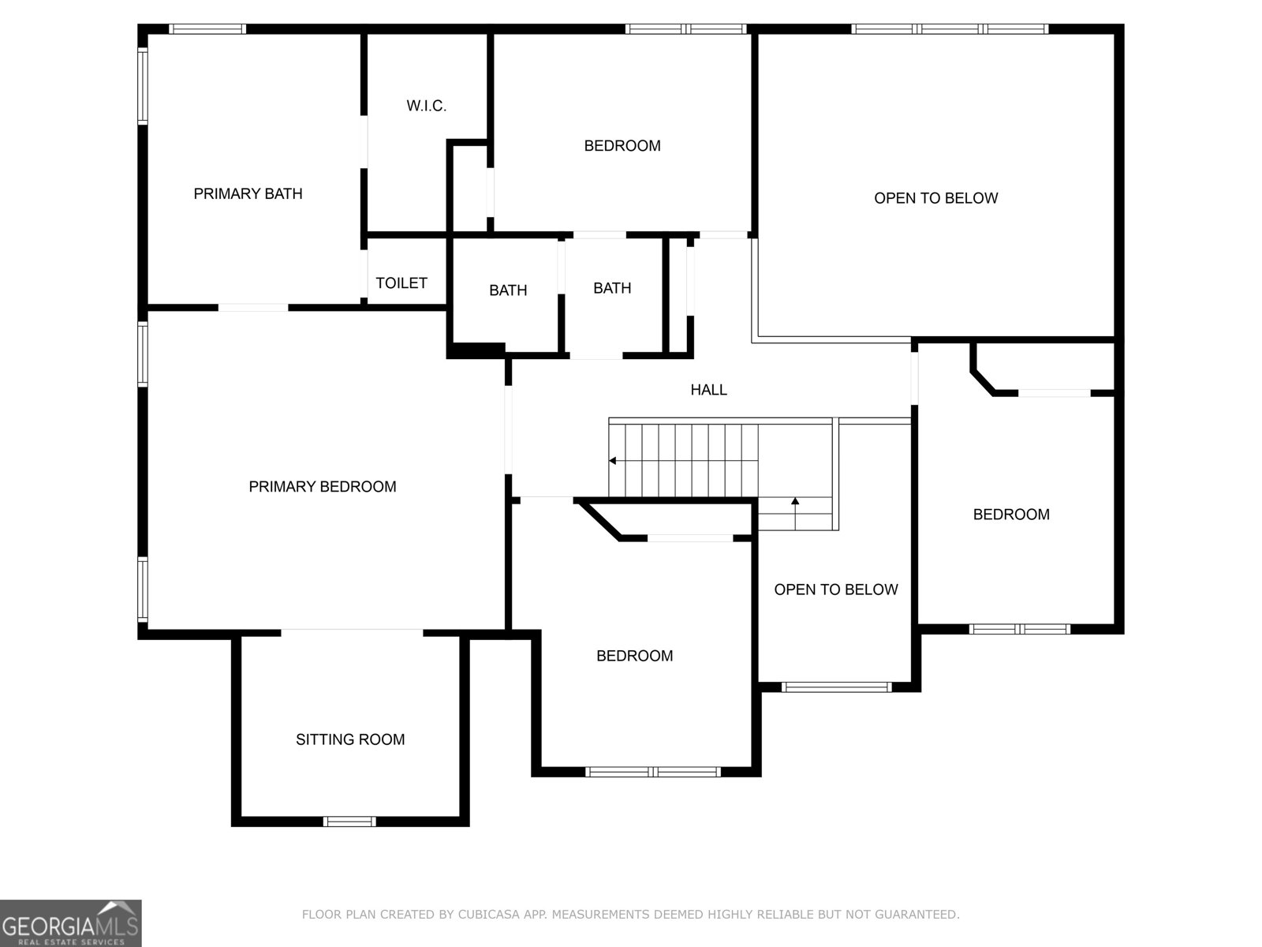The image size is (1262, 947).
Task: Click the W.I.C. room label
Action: (x=427, y=106)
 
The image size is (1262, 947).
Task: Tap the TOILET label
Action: (x=401, y=283)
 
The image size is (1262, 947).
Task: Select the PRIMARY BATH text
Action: (x=248, y=193)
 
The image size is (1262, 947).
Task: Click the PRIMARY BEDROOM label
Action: (x=323, y=487)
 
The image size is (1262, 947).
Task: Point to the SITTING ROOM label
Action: (x=350, y=739)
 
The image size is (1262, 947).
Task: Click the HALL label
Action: (x=708, y=390)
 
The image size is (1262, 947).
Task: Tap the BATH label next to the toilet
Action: (x=508, y=290)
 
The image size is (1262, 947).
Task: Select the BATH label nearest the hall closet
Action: (x=612, y=288)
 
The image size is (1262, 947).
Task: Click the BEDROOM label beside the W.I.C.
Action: (x=622, y=146)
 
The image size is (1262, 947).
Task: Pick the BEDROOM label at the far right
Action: (x=1011, y=515)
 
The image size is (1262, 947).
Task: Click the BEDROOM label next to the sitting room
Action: (x=634, y=656)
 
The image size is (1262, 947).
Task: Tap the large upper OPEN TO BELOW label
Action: (x=935, y=198)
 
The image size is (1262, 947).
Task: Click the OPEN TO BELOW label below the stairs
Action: (x=835, y=590)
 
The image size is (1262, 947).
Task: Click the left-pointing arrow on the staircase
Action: (x=613, y=461)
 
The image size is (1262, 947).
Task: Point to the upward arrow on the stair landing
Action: (x=795, y=501)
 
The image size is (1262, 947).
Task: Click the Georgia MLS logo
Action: (x=70, y=923)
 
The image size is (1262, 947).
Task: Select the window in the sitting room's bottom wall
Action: (x=349, y=822)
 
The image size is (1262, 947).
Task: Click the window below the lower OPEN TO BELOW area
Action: (x=836, y=687)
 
